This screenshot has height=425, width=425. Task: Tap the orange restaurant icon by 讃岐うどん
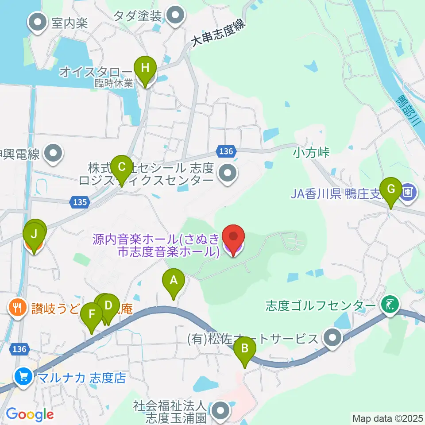(18, 306)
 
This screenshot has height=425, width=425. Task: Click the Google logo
(30, 414)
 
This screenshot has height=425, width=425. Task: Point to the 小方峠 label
(312, 153)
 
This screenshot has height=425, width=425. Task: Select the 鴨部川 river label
(408, 111)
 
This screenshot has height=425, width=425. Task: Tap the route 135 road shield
(80, 202)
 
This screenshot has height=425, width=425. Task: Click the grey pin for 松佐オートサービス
(332, 339)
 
